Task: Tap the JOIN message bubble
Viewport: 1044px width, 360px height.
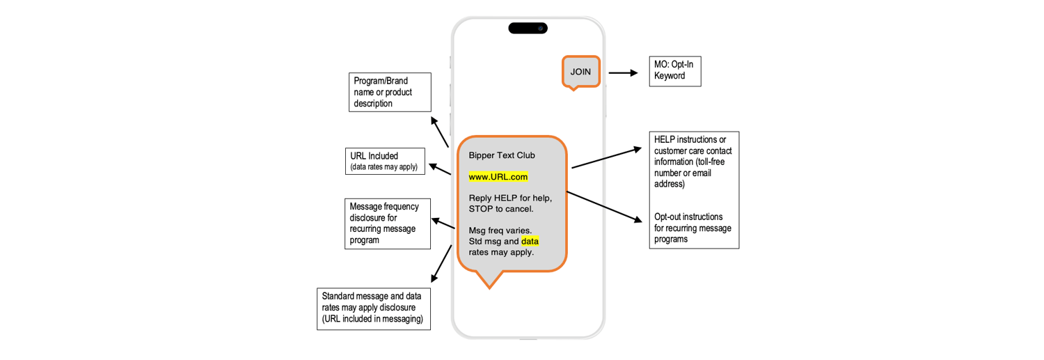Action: [580, 72]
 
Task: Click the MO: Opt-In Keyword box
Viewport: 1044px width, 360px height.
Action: [674, 70]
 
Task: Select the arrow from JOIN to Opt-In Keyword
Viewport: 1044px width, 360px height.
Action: [623, 72]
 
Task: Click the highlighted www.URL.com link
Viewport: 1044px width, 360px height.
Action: [498, 177]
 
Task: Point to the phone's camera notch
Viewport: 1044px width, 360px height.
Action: [528, 29]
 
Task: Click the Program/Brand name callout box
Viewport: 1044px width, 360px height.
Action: [390, 92]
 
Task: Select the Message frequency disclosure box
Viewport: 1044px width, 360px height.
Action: [388, 224]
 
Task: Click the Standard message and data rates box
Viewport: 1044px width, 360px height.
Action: [373, 308]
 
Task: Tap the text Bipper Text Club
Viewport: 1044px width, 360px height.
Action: [502, 155]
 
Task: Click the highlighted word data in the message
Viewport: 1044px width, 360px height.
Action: [530, 242]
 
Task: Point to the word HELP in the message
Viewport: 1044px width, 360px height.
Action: [505, 198]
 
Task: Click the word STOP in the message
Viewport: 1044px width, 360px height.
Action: [481, 209]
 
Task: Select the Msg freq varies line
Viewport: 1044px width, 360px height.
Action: [500, 230]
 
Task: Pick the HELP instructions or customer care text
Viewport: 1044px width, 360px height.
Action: [693, 162]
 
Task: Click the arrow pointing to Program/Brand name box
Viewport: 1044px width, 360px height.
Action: [439, 132]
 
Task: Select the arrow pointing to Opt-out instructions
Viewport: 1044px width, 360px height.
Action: [604, 207]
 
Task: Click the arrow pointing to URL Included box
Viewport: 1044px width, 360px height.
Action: [440, 169]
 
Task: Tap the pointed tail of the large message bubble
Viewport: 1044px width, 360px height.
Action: [489, 281]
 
